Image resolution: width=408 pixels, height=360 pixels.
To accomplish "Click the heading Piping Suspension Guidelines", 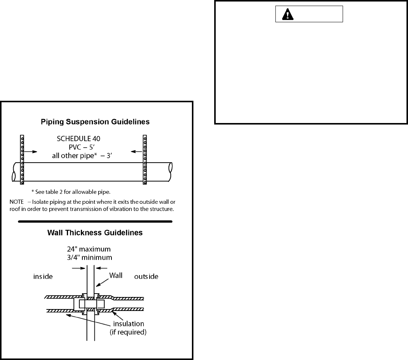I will click(x=95, y=122).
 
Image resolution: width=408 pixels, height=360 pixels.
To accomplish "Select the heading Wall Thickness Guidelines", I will click(x=95, y=233).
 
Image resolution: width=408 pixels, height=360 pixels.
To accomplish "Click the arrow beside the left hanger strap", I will click(x=31, y=152).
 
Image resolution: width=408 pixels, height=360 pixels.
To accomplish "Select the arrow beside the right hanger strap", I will click(x=135, y=152).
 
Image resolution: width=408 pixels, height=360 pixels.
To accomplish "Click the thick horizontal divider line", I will click(x=95, y=221).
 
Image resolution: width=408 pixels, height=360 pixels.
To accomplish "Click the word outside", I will click(x=146, y=277).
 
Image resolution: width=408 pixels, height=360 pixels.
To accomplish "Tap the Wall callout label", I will click(x=116, y=275).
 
